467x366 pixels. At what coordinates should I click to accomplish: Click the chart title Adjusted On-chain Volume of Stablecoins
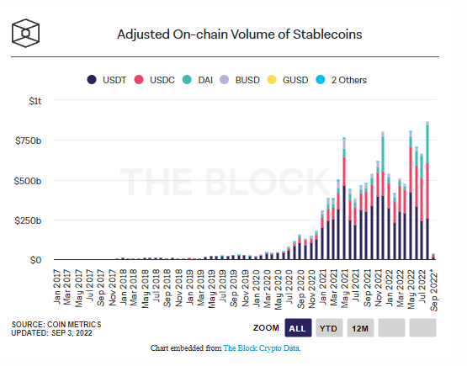[x=240, y=34]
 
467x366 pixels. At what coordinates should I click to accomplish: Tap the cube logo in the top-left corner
[x=25, y=33]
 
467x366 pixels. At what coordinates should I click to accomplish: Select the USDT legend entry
[x=107, y=80]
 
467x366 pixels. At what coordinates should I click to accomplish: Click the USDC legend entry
[x=154, y=80]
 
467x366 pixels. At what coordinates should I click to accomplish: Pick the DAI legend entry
[x=198, y=80]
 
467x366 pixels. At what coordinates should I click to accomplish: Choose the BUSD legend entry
[x=240, y=80]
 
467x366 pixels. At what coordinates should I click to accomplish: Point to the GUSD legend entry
[x=288, y=80]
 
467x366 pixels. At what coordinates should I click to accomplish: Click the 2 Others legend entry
[x=341, y=80]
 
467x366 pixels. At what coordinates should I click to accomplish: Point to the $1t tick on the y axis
[x=34, y=101]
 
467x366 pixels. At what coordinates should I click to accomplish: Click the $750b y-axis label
[x=29, y=141]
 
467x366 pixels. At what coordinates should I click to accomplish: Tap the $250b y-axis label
[x=28, y=220]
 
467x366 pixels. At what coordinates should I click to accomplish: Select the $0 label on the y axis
[x=35, y=260]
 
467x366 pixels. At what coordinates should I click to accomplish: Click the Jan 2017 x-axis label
[x=57, y=287]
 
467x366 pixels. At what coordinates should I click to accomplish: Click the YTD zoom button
[x=329, y=328]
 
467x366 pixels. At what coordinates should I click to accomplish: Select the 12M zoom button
[x=360, y=328]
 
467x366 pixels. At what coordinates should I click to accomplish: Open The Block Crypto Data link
[x=262, y=348]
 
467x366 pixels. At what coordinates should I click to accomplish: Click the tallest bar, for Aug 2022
[x=427, y=191]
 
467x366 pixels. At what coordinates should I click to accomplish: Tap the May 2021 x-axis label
[x=345, y=289]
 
